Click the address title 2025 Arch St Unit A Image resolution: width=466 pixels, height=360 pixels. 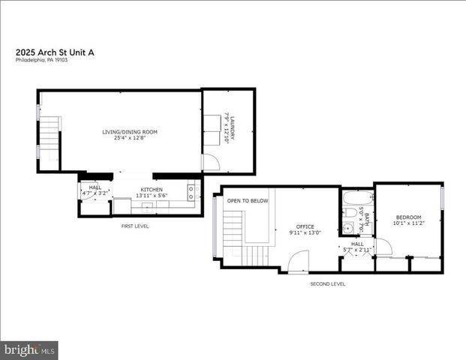55,52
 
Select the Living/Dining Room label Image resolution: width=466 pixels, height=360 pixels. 130,132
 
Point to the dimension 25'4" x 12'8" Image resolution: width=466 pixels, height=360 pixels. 130,138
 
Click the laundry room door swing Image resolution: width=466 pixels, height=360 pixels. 209,163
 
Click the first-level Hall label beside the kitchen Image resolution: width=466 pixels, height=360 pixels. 95,187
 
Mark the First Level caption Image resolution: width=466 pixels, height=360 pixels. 135,225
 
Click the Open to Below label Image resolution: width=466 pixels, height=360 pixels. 248,201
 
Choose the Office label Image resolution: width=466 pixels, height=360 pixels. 305,226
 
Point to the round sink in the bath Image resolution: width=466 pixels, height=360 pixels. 350,229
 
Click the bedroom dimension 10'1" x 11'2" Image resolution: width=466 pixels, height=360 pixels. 408,222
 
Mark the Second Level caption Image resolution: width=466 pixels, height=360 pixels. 328,283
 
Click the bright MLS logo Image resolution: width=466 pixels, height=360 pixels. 30,349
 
